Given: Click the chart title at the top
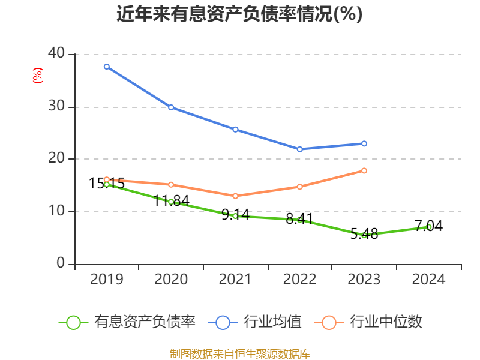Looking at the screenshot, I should click(239, 14).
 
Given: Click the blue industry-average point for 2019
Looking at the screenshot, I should click(106, 67).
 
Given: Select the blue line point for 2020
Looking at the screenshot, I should click(171, 107).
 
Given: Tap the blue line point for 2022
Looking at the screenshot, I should click(300, 149).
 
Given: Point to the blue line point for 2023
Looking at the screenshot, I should click(364, 143).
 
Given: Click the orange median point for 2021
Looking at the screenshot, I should click(235, 196).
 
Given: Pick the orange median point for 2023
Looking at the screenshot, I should click(364, 170).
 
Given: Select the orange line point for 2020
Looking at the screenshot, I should click(171, 185).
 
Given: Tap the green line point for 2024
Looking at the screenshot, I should click(429, 227).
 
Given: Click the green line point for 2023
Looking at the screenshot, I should click(364, 235).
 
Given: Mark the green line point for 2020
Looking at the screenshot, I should click(171, 202).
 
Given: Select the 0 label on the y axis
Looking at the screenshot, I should click(61, 263).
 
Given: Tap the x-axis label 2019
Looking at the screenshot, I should click(106, 280).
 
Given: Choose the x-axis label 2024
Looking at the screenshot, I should click(429, 280).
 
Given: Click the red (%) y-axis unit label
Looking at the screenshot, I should click(38, 76).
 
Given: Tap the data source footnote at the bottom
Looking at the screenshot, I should click(240, 353).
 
